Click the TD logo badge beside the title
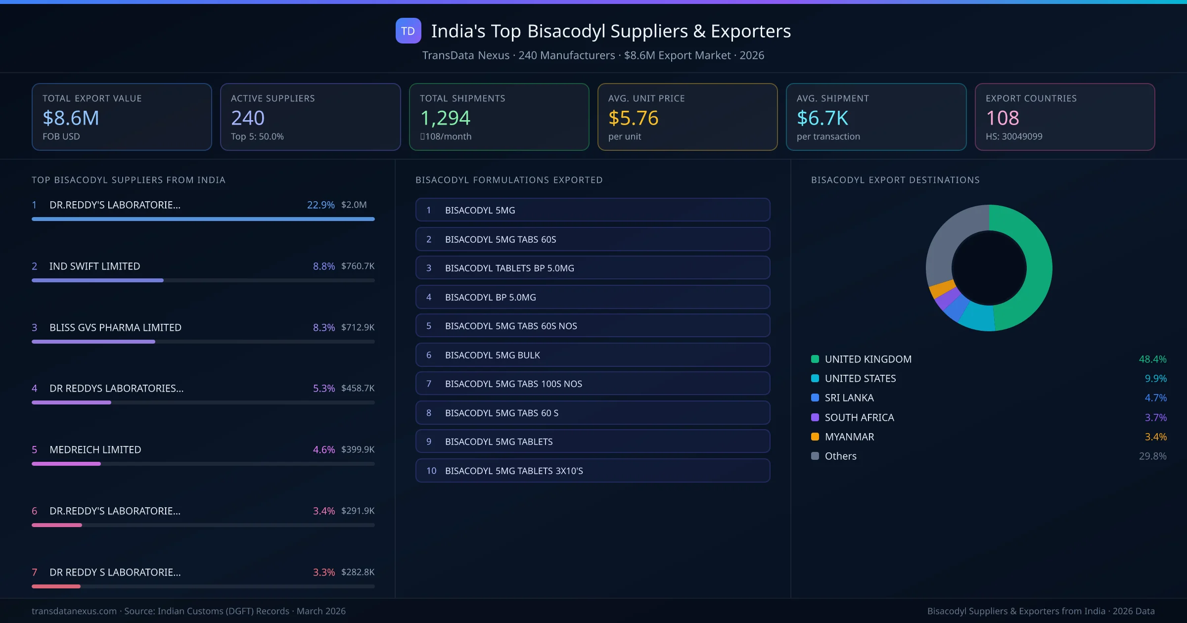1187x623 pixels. pyautogui.click(x=408, y=31)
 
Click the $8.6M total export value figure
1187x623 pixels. pyautogui.click(x=71, y=118)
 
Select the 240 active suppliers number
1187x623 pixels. pyautogui.click(x=247, y=118)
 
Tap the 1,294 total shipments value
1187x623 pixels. pyautogui.click(x=445, y=118)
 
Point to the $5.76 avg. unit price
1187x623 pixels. pyautogui.click(x=633, y=118)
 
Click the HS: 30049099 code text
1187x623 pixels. pyautogui.click(x=1013, y=136)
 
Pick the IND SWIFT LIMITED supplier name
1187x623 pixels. pyautogui.click(x=94, y=266)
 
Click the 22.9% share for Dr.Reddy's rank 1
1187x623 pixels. pyautogui.click(x=320, y=205)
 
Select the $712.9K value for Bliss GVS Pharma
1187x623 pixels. pyautogui.click(x=358, y=327)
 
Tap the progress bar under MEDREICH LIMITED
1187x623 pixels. pyautogui.click(x=203, y=464)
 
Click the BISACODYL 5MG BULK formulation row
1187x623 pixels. pyautogui.click(x=593, y=355)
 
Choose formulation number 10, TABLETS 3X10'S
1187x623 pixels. pyautogui.click(x=593, y=471)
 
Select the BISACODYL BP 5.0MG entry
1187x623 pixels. pyautogui.click(x=593, y=297)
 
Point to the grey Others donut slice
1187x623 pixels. pyautogui.click(x=947, y=242)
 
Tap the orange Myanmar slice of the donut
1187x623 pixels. pyautogui.click(x=942, y=288)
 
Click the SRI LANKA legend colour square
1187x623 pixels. pyautogui.click(x=815, y=398)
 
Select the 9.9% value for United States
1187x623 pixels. pyautogui.click(x=1155, y=378)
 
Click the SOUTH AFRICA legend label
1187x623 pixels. pyautogui.click(x=859, y=417)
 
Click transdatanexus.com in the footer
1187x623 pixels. pyautogui.click(x=74, y=611)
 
